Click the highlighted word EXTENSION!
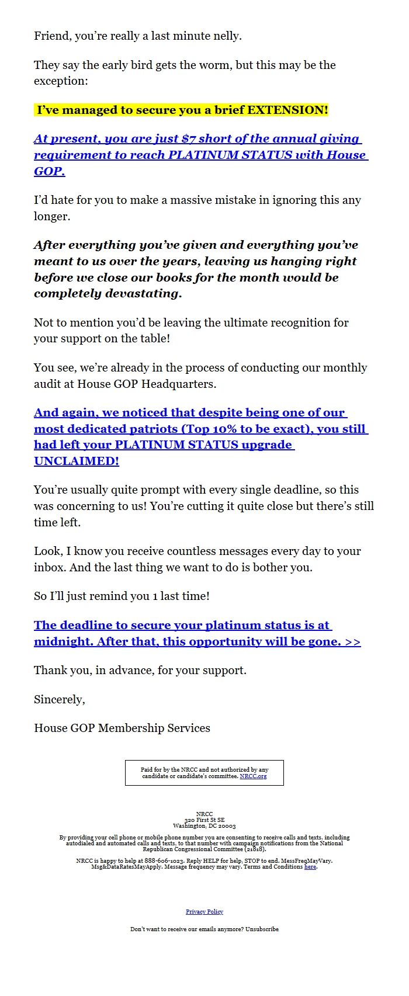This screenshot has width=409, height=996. (x=287, y=110)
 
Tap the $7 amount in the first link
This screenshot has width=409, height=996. (x=189, y=139)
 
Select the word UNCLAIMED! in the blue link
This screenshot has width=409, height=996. (x=77, y=461)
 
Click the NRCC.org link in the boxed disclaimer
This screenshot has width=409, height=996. (x=253, y=776)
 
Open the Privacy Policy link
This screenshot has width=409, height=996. (x=204, y=912)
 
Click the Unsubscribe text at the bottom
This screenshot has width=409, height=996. (x=262, y=929)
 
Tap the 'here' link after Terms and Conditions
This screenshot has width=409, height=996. (x=310, y=867)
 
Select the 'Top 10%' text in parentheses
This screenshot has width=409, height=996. (x=209, y=429)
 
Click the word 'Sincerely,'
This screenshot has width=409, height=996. (x=60, y=699)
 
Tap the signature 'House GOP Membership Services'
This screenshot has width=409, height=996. (x=122, y=728)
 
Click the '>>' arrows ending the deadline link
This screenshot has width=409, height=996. (x=353, y=641)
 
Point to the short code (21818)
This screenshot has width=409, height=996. (x=255, y=849)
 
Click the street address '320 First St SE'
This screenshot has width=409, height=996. (x=204, y=820)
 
